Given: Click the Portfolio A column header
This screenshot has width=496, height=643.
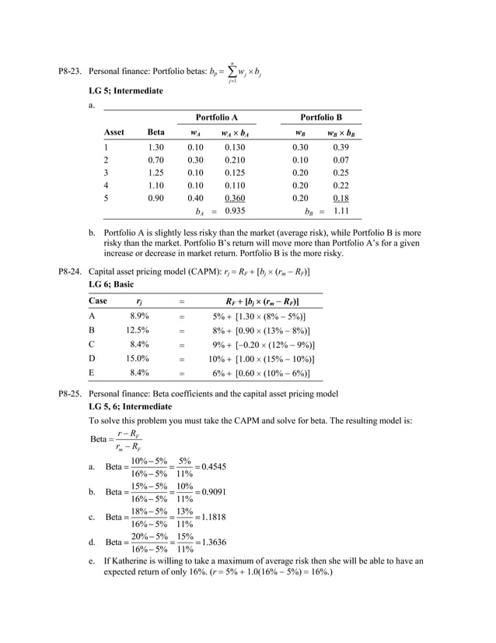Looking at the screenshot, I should coord(216,117).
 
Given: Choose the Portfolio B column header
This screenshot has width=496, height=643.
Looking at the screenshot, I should coord(321,117).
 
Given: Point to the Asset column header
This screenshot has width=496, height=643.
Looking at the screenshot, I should coord(114,132).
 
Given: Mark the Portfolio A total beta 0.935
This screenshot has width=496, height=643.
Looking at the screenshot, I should coord(235,211).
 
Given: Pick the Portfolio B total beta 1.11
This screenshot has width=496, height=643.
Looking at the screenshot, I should coord(339,211).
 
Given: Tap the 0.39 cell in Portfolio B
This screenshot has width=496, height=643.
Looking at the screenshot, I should coord(341,146).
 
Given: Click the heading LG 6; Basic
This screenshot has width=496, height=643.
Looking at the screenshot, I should coord(112,284).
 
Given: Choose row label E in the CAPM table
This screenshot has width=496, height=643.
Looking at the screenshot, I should coord(93,373).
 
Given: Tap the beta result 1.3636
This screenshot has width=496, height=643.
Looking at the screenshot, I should coord(215,542).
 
